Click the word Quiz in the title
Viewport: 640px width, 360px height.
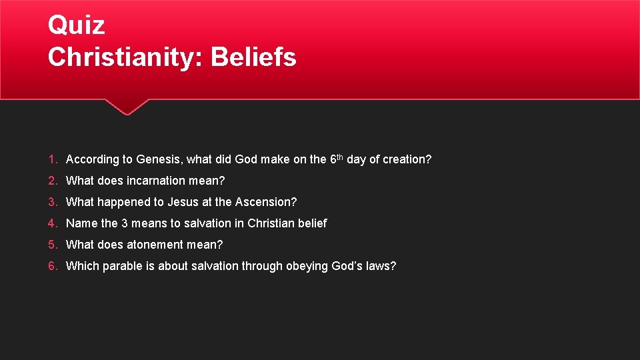[x=76, y=25]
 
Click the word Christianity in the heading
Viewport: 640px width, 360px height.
[x=125, y=57]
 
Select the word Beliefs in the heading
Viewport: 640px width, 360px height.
[x=253, y=57]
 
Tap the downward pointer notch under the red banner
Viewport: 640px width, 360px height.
[x=127, y=107]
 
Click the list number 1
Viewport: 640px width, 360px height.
[x=52, y=159]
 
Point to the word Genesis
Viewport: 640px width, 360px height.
[x=158, y=159]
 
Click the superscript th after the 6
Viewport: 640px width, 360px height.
[x=340, y=157]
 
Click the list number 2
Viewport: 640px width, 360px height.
[x=52, y=181]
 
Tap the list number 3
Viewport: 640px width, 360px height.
[x=52, y=202]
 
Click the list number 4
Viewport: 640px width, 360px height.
[x=52, y=223]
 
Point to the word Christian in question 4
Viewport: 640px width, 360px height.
[x=271, y=223]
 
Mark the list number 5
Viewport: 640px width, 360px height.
[x=52, y=245]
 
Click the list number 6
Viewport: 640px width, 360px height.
[x=52, y=266]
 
